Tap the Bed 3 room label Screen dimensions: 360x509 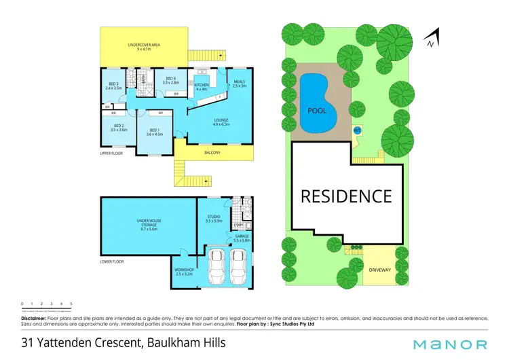[113, 86]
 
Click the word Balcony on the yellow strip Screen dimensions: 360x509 [212, 153]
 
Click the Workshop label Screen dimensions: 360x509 [184, 270]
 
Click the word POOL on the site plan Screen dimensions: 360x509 [316, 111]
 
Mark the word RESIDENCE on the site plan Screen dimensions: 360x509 [346, 196]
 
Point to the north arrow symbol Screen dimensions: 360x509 [431, 39]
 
